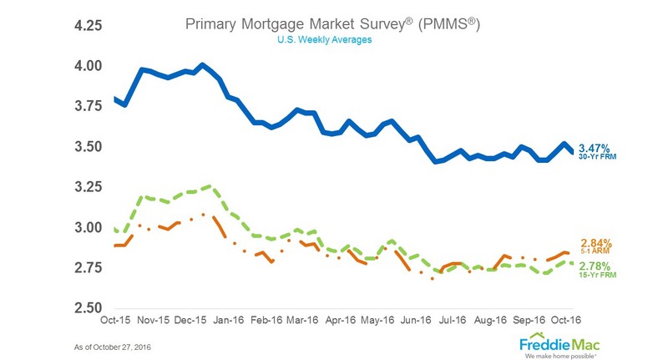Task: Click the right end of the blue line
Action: click(573, 152)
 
